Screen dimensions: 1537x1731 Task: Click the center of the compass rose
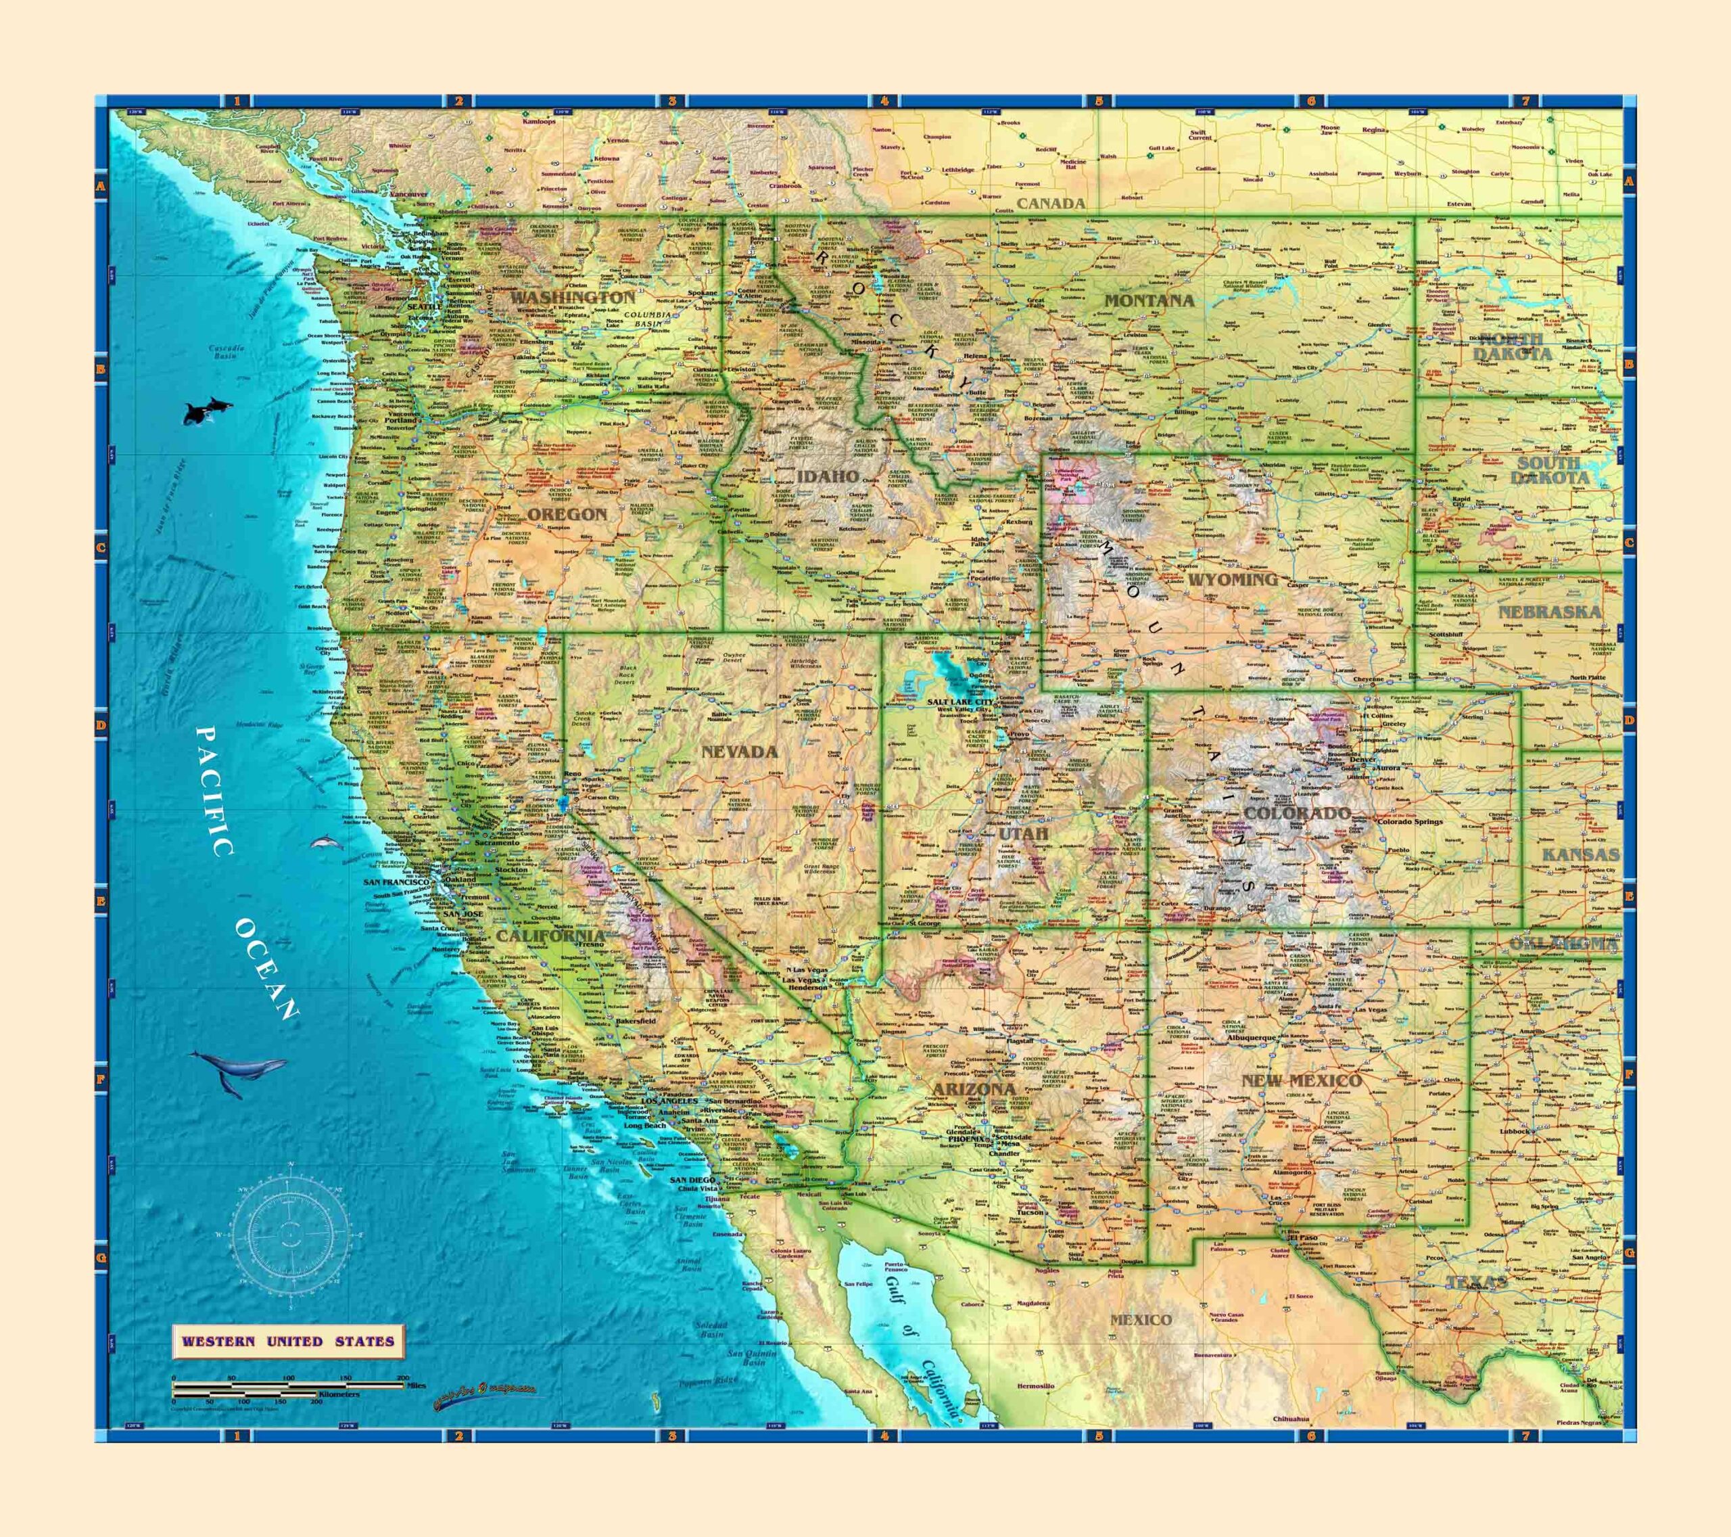(x=291, y=1235)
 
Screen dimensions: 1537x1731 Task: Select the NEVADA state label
(x=739, y=752)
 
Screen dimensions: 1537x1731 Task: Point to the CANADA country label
(x=1050, y=204)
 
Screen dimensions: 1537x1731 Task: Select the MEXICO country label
(x=1141, y=1320)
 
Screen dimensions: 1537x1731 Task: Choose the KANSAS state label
(x=1580, y=855)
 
